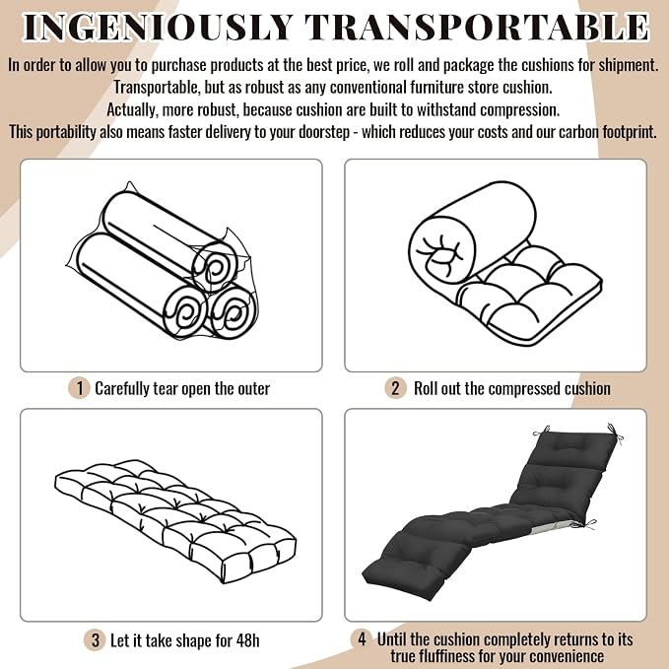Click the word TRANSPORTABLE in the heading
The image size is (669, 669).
tap(477, 28)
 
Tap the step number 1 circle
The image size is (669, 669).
tap(79, 388)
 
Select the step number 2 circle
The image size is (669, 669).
tap(395, 388)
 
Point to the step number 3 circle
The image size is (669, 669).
tap(96, 640)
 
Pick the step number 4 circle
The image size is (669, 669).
tap(362, 639)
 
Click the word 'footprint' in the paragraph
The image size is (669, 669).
tap(629, 132)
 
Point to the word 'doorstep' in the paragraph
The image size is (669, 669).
tap(324, 132)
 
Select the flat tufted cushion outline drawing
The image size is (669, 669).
tap(175, 521)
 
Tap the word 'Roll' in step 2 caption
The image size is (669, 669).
tap(425, 388)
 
